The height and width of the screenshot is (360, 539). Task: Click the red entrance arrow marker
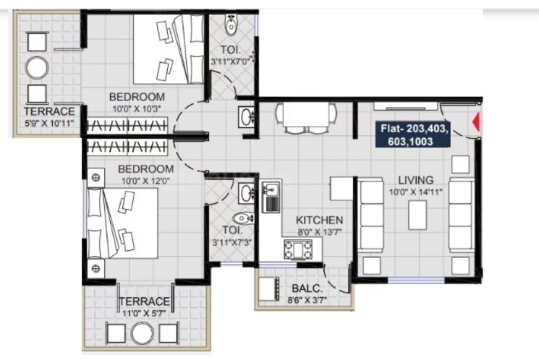click(x=475, y=124)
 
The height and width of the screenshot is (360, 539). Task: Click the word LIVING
click(x=416, y=179)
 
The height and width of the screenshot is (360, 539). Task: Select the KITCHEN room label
click(x=319, y=220)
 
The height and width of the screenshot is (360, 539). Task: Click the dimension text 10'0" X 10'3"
click(x=137, y=108)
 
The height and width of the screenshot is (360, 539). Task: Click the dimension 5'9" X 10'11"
click(x=49, y=123)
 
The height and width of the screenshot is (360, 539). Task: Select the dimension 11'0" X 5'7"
click(x=145, y=312)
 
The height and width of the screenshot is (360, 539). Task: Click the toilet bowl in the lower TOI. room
click(x=241, y=219)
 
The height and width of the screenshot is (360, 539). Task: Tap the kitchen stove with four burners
click(x=297, y=249)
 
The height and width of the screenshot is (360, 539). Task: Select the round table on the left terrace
click(x=37, y=68)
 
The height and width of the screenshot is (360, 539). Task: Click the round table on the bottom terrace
click(x=142, y=333)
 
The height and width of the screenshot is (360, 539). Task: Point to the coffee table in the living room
click(x=417, y=215)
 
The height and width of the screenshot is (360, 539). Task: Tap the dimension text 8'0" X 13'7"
click(x=319, y=232)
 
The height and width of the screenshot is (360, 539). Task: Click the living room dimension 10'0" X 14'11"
click(x=416, y=192)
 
